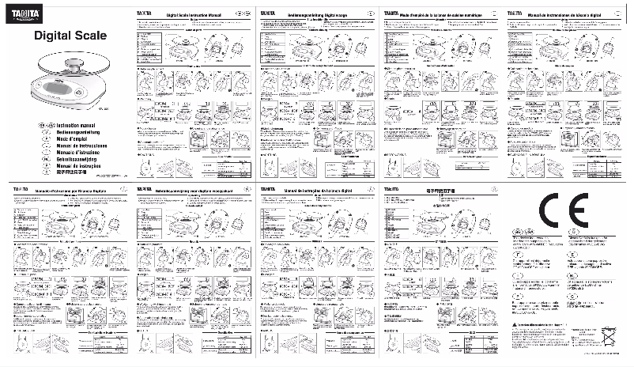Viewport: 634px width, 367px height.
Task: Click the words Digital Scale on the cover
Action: pyautogui.click(x=65, y=36)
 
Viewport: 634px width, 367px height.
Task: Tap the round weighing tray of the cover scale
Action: pyautogui.click(x=70, y=57)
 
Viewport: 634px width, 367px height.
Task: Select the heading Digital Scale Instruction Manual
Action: pyautogui.click(x=194, y=14)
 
